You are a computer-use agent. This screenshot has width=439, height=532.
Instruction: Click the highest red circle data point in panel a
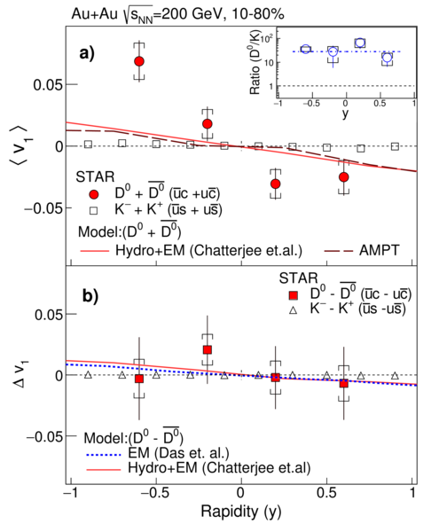point(139,61)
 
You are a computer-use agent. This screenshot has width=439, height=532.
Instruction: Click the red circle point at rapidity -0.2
point(208,124)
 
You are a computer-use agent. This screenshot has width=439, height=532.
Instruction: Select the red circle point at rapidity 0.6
point(344,176)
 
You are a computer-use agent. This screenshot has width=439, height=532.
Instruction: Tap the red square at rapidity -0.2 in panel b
point(208,350)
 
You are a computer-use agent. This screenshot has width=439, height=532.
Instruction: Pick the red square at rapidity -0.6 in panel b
point(139,379)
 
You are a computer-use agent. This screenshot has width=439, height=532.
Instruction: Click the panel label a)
point(87,53)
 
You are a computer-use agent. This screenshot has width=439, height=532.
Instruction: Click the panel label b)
point(90,296)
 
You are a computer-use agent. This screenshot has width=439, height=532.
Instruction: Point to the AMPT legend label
point(380,250)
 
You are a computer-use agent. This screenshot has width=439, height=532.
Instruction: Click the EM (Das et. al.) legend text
point(179,453)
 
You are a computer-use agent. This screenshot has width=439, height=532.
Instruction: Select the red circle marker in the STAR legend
point(94,194)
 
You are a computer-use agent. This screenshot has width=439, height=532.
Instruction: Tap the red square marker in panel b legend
point(294,295)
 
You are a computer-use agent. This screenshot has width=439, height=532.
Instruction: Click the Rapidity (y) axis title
point(241,512)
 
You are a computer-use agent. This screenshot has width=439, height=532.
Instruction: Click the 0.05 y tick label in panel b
point(49,315)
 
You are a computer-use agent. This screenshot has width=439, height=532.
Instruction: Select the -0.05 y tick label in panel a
point(43,207)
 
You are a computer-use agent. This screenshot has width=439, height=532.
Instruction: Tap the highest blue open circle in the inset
point(360,43)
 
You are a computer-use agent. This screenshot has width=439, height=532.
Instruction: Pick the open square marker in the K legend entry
point(94,211)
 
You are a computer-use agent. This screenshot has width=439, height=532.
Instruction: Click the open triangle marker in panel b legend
point(294,310)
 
